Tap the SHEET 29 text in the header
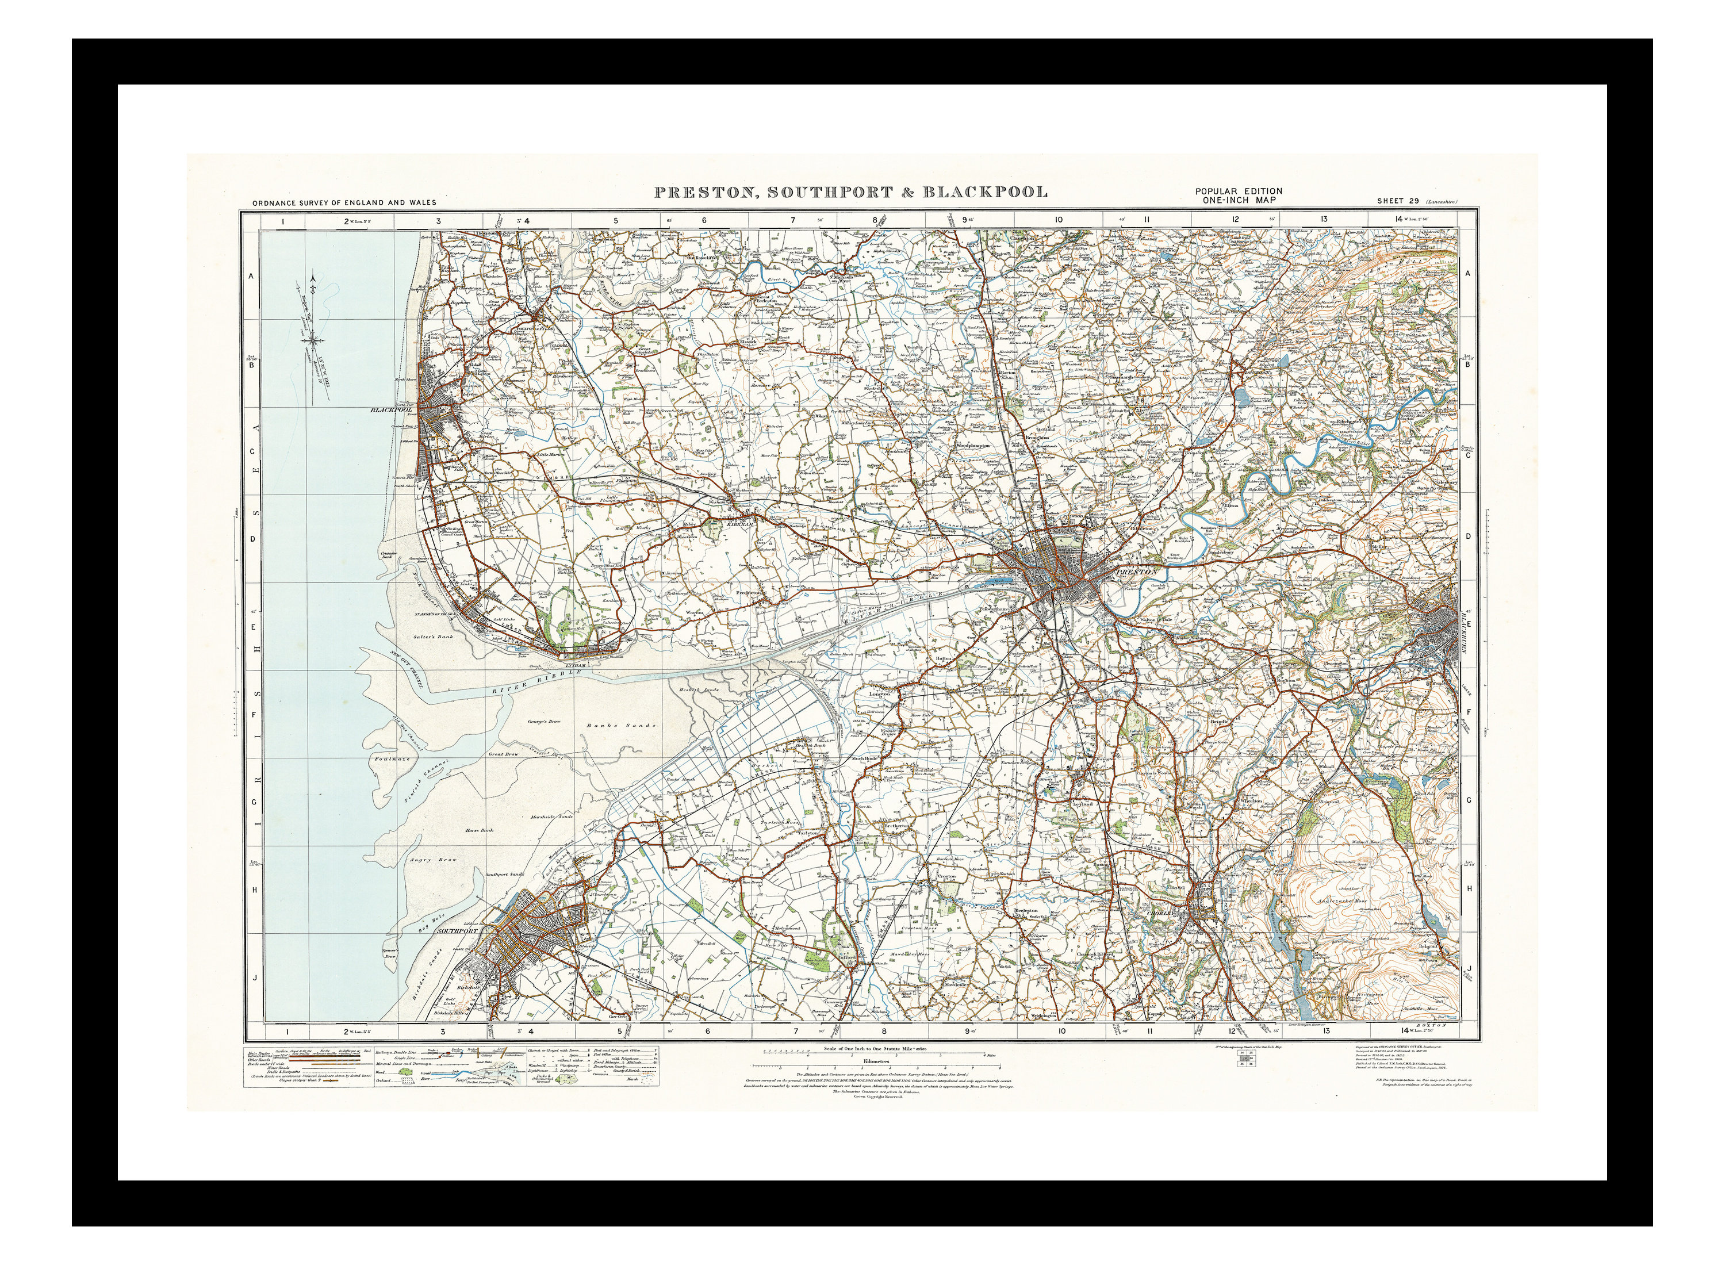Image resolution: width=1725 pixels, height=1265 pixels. [x=1397, y=201]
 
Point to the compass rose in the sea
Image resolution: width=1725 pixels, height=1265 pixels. [x=314, y=337]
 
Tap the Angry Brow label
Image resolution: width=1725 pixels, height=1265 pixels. [x=434, y=860]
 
